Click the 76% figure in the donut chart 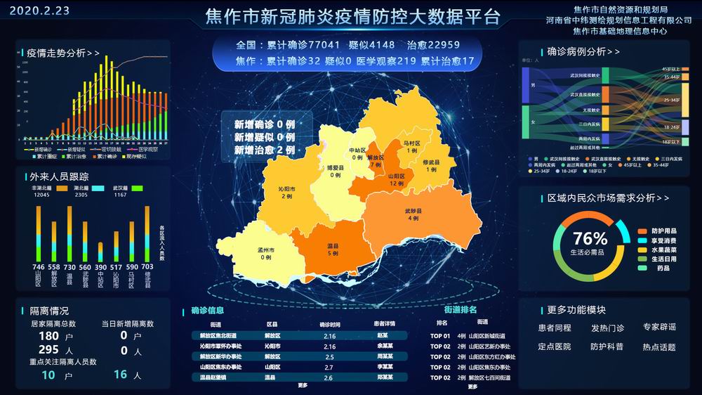(x=590, y=239)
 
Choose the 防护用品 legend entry (x=665, y=231)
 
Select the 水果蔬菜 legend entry (x=665, y=250)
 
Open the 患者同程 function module (x=555, y=328)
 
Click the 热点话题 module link (x=658, y=347)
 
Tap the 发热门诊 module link (x=607, y=328)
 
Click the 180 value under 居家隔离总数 (x=48, y=336)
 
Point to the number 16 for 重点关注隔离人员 (x=120, y=375)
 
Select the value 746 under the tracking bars (x=39, y=267)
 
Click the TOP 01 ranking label (x=441, y=336)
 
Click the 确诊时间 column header (x=329, y=324)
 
